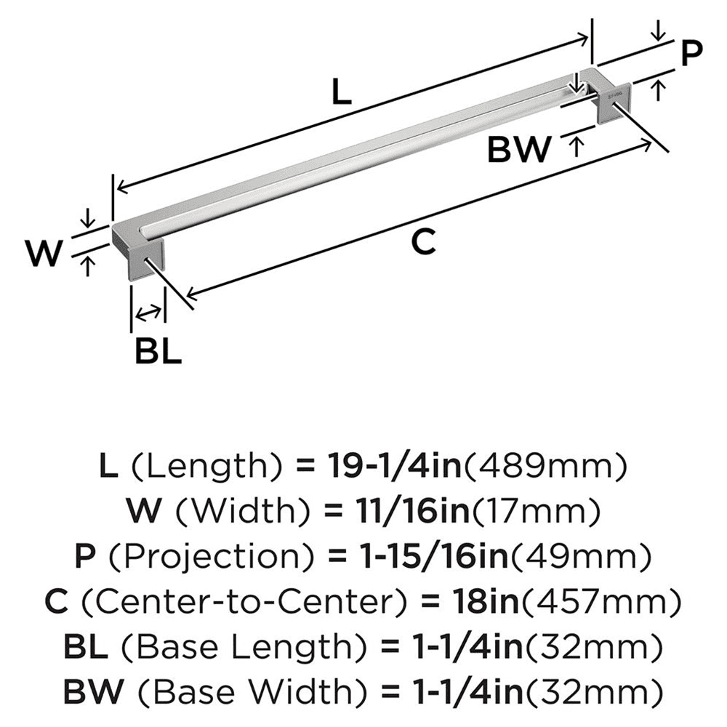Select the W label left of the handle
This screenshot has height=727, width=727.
pyautogui.click(x=44, y=254)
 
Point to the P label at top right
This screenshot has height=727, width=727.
pyautogui.click(x=691, y=52)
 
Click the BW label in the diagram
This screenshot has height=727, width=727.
pyautogui.click(x=519, y=150)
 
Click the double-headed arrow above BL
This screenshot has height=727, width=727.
pyautogui.click(x=148, y=313)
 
